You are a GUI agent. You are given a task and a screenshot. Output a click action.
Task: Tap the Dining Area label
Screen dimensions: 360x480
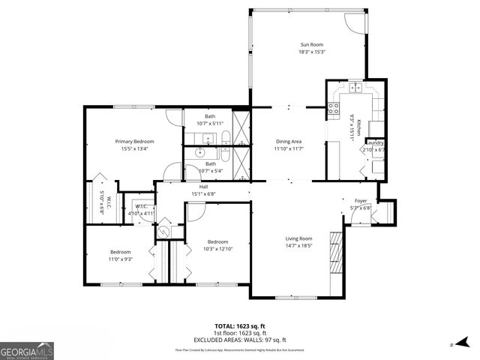pyautogui.click(x=289, y=141)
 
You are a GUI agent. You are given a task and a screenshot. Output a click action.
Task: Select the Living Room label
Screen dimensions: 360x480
pyautogui.click(x=298, y=238)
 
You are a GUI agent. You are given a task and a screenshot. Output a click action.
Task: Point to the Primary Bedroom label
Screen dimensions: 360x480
pyautogui.click(x=134, y=141)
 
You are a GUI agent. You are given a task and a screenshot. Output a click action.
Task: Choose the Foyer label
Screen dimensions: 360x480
pyautogui.click(x=360, y=201)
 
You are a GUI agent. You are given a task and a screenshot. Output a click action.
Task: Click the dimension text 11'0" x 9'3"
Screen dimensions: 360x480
pyautogui.click(x=121, y=259)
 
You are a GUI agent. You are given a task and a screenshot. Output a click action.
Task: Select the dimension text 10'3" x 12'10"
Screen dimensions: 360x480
pyautogui.click(x=218, y=248)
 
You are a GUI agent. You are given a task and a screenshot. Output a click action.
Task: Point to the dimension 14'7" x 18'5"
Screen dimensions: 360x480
pyautogui.click(x=298, y=245)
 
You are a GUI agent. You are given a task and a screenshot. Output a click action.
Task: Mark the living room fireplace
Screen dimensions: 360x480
pyautogui.click(x=337, y=255)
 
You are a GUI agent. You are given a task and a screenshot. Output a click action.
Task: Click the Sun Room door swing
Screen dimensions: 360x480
pyautogui.click(x=355, y=24)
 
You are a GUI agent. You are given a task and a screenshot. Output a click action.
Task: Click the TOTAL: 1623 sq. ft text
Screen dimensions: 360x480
pyautogui.click(x=240, y=325)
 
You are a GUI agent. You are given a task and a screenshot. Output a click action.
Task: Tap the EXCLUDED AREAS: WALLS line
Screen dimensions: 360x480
pyautogui.click(x=240, y=340)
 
